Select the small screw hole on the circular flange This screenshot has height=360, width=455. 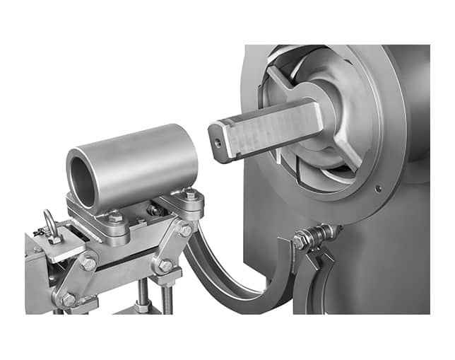click(380, 189)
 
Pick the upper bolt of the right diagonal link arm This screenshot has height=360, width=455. click(185, 231)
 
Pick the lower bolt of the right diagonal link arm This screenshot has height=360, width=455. click(165, 266)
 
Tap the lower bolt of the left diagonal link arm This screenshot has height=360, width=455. click(69, 300)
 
